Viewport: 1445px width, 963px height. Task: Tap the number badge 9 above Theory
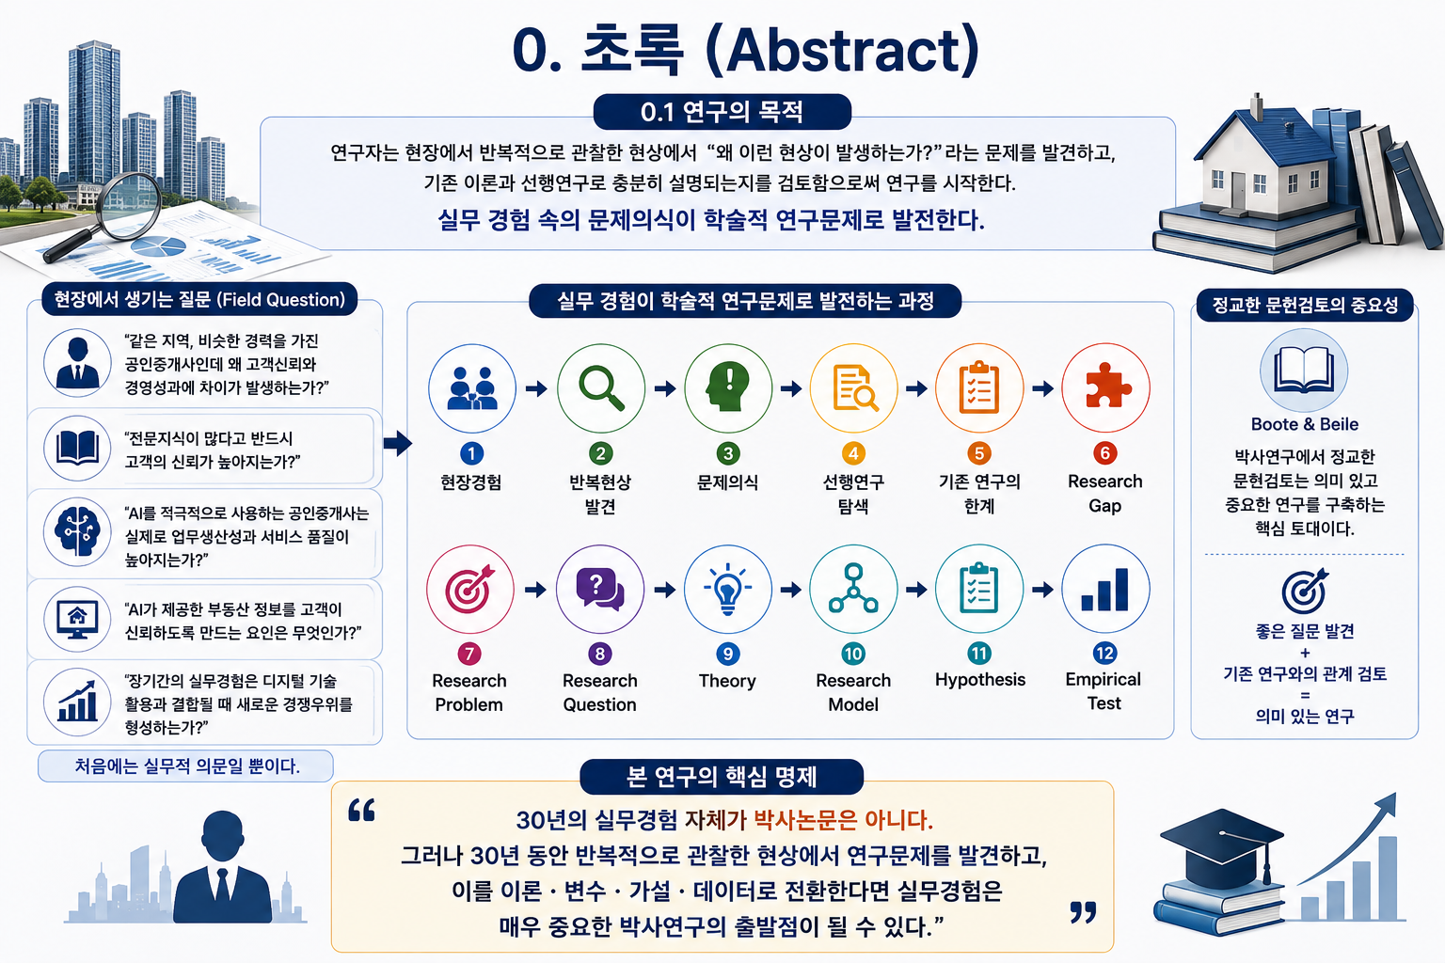point(727,654)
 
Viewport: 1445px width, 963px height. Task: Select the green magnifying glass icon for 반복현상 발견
point(601,387)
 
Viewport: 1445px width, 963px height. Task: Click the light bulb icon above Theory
point(727,589)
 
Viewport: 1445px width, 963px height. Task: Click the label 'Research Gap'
point(1105,494)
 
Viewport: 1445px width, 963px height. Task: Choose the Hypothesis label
point(980,680)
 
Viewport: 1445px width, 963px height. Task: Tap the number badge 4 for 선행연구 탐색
point(853,453)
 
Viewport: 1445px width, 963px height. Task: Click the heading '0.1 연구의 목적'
point(722,112)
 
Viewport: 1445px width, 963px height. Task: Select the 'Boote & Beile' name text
point(1305,424)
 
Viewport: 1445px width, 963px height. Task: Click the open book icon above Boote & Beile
point(1304,370)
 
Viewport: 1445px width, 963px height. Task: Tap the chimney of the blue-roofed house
point(1257,107)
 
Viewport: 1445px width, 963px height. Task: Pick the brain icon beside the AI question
point(78,531)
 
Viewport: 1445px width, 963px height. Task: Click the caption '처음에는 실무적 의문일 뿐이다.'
point(187,766)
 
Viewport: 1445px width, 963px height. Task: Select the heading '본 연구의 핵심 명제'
point(722,777)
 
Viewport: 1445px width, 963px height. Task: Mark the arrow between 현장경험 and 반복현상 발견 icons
point(536,388)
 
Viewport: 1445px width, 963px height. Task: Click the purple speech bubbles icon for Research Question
point(600,589)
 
